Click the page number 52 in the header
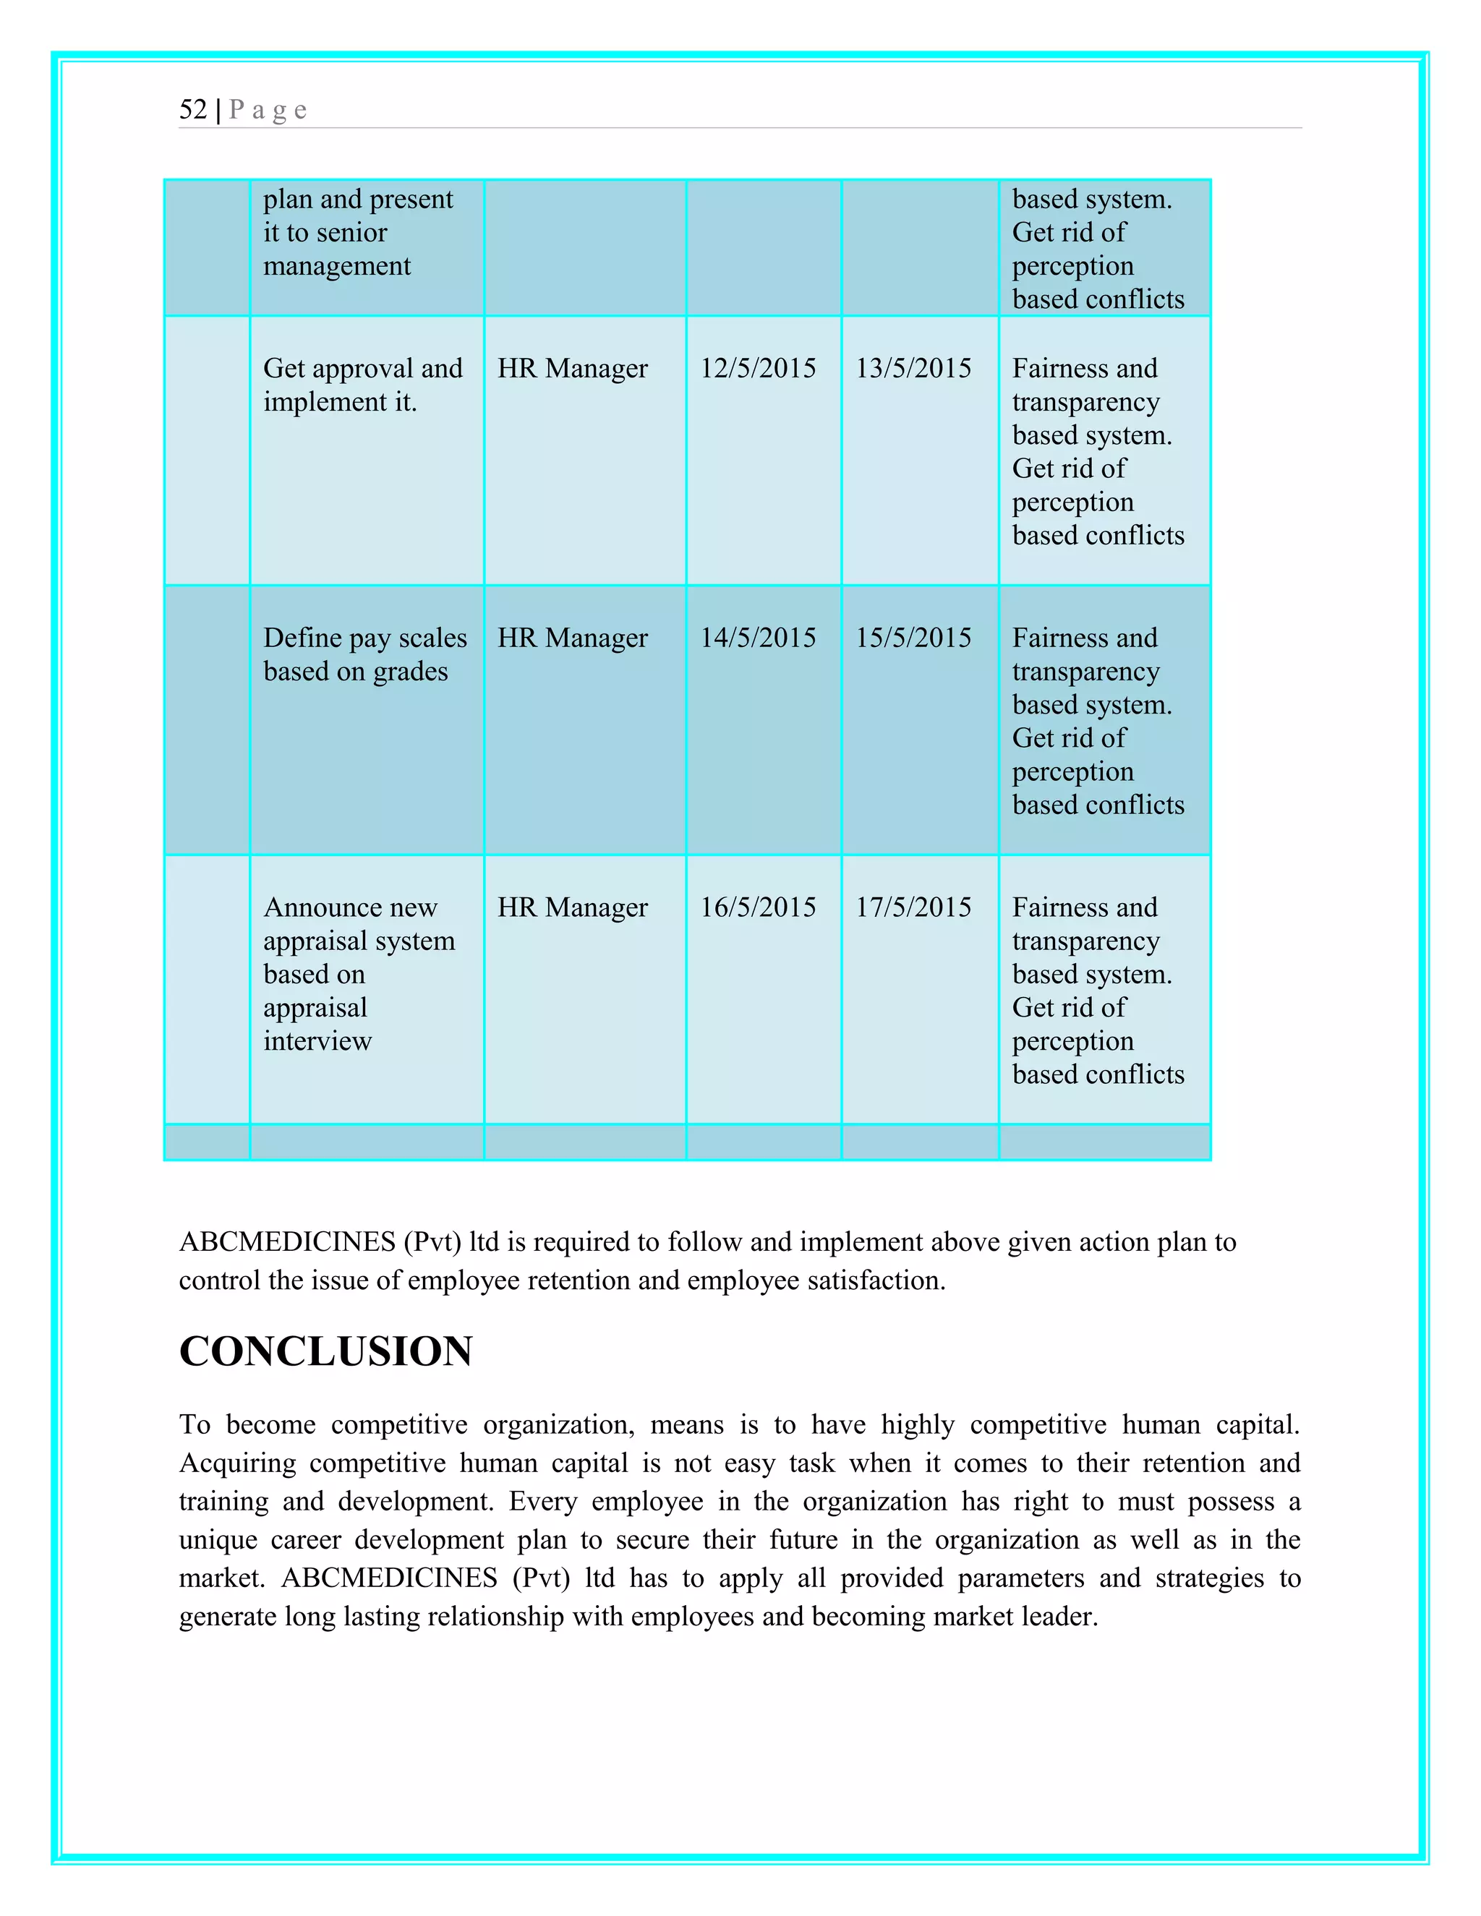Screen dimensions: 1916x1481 pyautogui.click(x=193, y=110)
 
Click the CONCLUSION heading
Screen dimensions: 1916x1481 pyautogui.click(x=325, y=1351)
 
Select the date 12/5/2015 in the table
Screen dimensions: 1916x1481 pyautogui.click(x=757, y=369)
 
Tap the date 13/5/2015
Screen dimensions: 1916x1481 pyautogui.click(x=913, y=369)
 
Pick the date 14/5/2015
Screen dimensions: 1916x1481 pyautogui.click(x=757, y=638)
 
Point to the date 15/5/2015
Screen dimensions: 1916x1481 pyautogui.click(x=913, y=638)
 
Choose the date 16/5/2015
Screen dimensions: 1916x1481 pyautogui.click(x=757, y=907)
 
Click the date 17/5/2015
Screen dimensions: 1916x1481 pyautogui.click(x=913, y=907)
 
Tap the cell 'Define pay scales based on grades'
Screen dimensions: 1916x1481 pyautogui.click(x=364, y=654)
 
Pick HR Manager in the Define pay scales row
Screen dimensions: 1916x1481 pyautogui.click(x=572, y=638)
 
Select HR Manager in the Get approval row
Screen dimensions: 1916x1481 pyautogui.click(x=572, y=369)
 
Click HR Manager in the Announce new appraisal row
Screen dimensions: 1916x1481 pyautogui.click(x=572, y=907)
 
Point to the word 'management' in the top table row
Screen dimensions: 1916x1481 pyautogui.click(x=337, y=266)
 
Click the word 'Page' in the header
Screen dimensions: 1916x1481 pyautogui.click(x=268, y=110)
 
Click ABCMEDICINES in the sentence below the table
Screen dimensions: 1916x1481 pyautogui.click(x=287, y=1242)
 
